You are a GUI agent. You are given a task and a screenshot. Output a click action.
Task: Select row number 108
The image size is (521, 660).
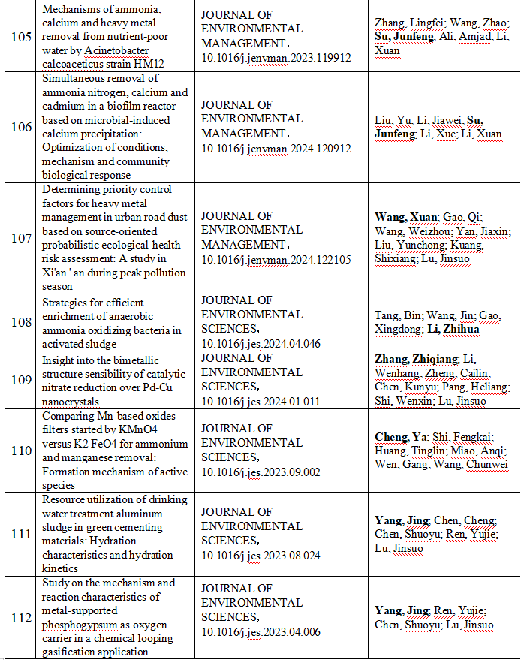tap(22, 322)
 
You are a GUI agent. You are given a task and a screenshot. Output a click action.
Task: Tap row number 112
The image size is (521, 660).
tap(22, 618)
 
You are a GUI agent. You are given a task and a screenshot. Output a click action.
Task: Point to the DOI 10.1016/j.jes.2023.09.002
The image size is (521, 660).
tap(261, 472)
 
